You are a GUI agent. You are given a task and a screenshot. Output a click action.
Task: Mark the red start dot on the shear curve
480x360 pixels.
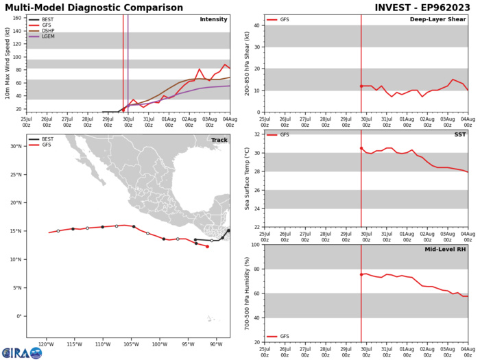pyautogui.click(x=361, y=86)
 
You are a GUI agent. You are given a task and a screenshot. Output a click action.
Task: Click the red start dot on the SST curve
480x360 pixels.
pyautogui.click(x=361, y=167)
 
